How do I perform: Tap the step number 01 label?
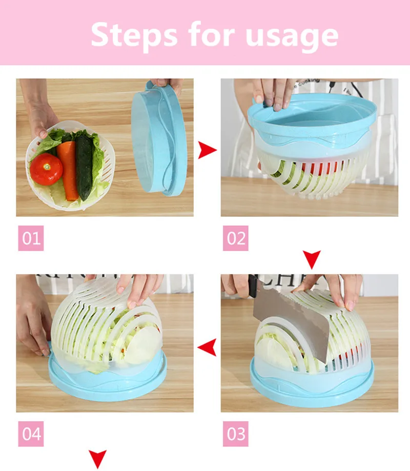pyautogui.click(x=31, y=238)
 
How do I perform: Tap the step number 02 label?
pyautogui.click(x=236, y=238)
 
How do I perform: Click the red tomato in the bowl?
pyautogui.click(x=46, y=169)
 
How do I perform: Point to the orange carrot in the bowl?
pyautogui.click(x=68, y=169)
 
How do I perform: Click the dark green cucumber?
pyautogui.click(x=84, y=164)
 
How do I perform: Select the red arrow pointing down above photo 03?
pyautogui.click(x=312, y=258)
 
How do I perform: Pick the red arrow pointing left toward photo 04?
pyautogui.click(x=207, y=348)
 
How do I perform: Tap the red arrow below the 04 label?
pyautogui.click(x=97, y=458)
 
